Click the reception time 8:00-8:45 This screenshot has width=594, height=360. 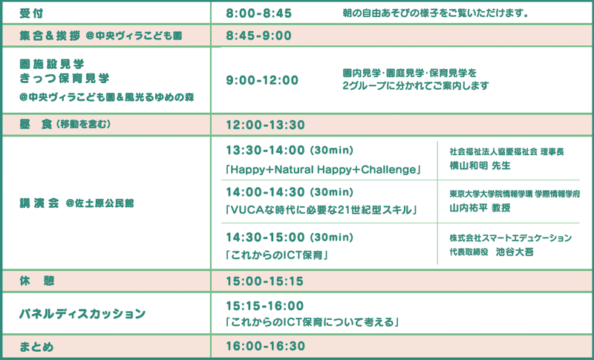(x=258, y=13)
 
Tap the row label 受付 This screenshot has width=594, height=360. (x=31, y=13)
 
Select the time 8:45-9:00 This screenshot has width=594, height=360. (x=258, y=36)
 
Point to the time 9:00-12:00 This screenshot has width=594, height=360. (x=262, y=80)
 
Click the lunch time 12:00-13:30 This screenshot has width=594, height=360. (x=265, y=125)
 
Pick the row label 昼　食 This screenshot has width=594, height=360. (x=36, y=124)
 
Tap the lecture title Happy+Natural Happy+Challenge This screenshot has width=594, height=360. (x=323, y=169)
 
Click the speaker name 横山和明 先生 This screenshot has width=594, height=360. (x=480, y=166)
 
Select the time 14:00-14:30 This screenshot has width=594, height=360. (x=265, y=192)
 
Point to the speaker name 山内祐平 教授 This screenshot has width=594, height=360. (x=480, y=208)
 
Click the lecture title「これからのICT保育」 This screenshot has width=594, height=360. (x=276, y=255)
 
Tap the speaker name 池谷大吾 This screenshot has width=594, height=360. (x=515, y=252)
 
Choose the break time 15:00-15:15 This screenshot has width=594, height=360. (x=265, y=281)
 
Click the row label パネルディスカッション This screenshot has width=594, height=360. (x=82, y=314)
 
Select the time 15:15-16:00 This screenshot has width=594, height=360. (x=265, y=306)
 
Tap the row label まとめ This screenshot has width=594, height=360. (x=36, y=347)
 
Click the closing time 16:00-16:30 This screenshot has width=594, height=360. (x=266, y=346)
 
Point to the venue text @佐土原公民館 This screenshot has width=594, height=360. (x=99, y=203)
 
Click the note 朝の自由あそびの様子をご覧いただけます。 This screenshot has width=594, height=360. (x=436, y=13)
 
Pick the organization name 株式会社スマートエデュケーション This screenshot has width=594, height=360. (x=511, y=238)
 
